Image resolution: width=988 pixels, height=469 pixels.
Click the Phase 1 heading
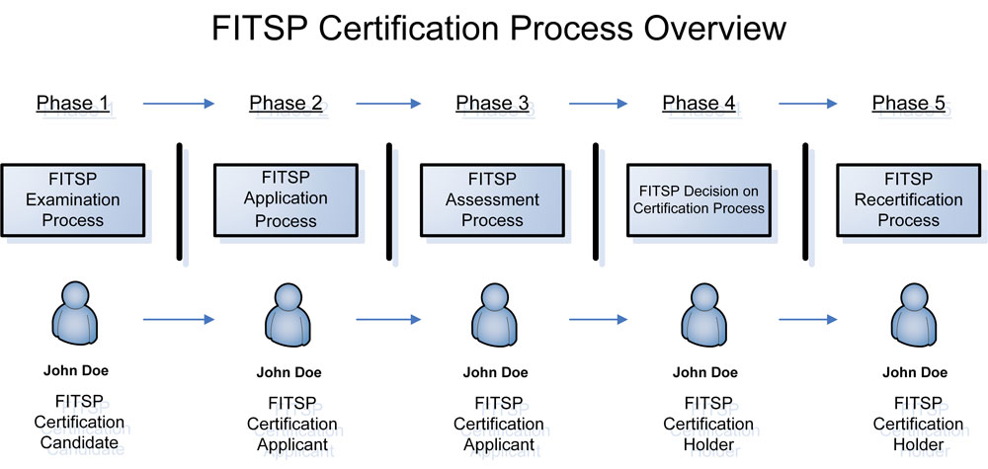click(x=72, y=103)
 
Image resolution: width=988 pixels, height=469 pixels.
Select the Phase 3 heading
click(x=492, y=103)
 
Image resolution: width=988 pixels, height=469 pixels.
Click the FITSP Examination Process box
click(x=73, y=200)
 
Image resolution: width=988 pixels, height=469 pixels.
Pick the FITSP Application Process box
click(x=287, y=200)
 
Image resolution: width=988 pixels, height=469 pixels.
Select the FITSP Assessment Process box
click(x=493, y=200)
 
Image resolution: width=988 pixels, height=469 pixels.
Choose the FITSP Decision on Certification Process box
click(x=699, y=200)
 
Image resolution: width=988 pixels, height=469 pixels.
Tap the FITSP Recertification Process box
click(x=909, y=200)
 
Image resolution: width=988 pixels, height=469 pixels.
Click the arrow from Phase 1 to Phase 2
click(x=179, y=104)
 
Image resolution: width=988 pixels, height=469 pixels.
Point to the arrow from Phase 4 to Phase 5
click(x=808, y=104)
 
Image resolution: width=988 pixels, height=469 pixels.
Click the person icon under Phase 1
click(x=74, y=313)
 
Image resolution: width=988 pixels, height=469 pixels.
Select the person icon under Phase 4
click(x=703, y=315)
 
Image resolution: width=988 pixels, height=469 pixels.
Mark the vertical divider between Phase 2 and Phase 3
click(x=388, y=201)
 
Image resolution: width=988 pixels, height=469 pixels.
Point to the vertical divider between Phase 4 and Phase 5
click(x=805, y=201)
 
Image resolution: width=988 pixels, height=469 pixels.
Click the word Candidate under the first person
click(x=79, y=443)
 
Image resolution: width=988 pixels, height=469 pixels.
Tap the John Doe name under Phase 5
click(x=915, y=372)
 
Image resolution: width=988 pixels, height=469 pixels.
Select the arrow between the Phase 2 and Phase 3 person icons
click(x=388, y=320)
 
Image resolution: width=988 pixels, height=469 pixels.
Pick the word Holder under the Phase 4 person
click(x=708, y=445)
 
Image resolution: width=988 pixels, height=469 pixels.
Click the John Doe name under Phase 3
click(x=495, y=372)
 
